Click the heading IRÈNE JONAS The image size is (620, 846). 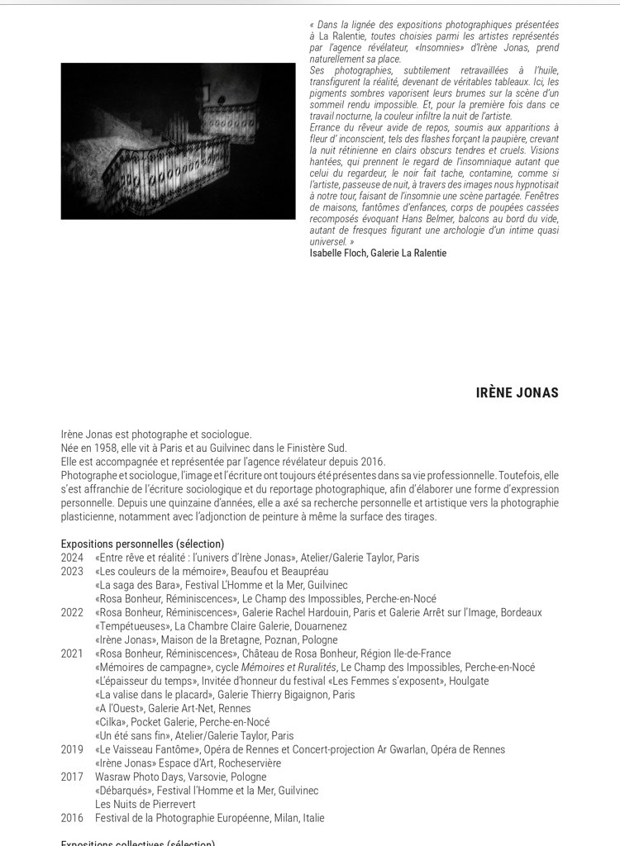(x=517, y=392)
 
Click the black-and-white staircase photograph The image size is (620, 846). (x=178, y=141)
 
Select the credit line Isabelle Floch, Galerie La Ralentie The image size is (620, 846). (x=378, y=253)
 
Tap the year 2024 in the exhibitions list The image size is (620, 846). (x=72, y=558)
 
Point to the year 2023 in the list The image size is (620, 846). (x=72, y=571)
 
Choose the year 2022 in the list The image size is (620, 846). (x=72, y=612)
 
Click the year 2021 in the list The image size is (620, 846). (x=72, y=654)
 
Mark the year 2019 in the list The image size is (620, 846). (x=72, y=749)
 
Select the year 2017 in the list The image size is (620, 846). (x=72, y=777)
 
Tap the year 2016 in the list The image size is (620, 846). (x=72, y=818)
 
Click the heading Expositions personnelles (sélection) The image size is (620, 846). (x=142, y=544)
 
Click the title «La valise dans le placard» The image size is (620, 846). (x=154, y=695)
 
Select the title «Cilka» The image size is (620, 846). (x=111, y=722)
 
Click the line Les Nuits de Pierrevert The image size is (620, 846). (x=145, y=804)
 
